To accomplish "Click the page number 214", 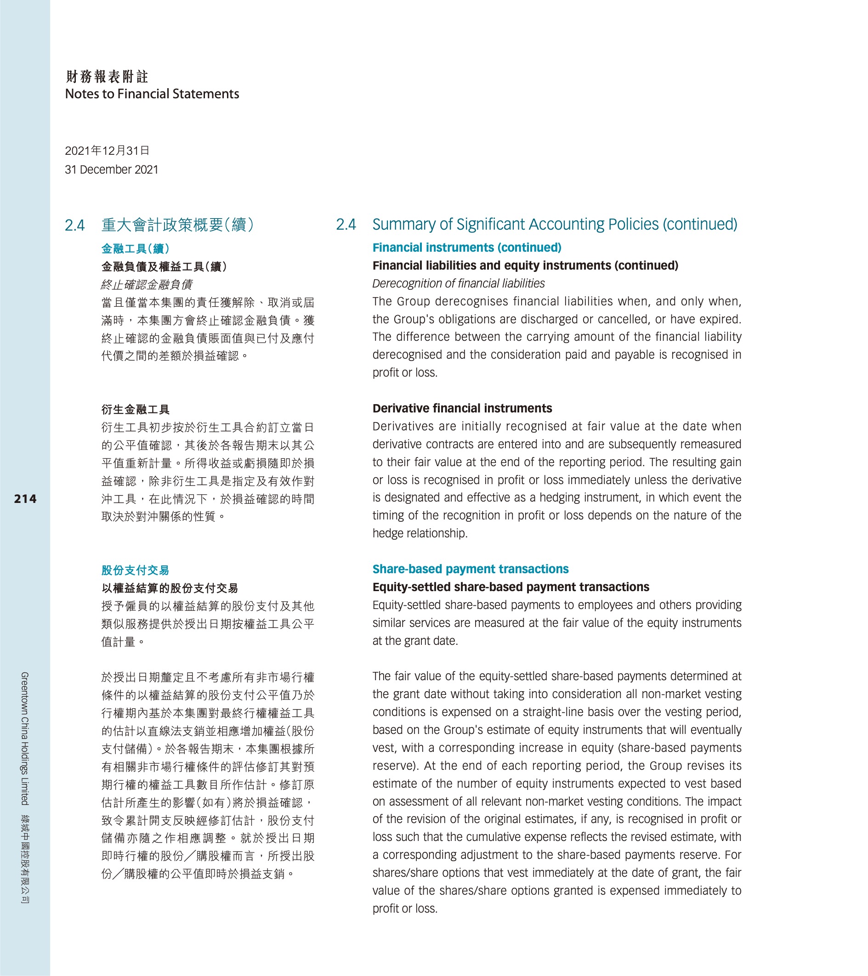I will click(x=25, y=499).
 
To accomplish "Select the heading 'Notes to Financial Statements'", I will click(x=152, y=94).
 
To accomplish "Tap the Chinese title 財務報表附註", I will click(x=107, y=76).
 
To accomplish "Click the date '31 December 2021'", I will click(x=111, y=170).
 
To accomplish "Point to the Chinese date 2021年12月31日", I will click(x=108, y=151).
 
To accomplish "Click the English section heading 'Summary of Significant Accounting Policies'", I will click(x=554, y=225).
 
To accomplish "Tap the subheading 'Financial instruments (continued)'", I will click(x=467, y=248).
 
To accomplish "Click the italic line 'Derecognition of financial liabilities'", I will click(x=458, y=284).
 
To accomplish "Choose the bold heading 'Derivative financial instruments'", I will click(x=462, y=409).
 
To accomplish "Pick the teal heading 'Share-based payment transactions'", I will click(x=470, y=569).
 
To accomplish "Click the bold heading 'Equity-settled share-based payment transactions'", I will click(x=511, y=587).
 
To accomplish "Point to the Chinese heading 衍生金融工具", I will click(x=135, y=410).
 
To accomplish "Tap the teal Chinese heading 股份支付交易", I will click(x=135, y=570).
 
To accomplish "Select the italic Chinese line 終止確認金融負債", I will click(x=147, y=285).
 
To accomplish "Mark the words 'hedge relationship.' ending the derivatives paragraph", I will click(x=420, y=533).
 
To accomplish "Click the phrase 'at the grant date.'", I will click(x=415, y=641).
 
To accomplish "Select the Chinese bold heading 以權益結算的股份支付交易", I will click(x=170, y=588).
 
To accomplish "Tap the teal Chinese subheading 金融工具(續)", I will click(x=135, y=249).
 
